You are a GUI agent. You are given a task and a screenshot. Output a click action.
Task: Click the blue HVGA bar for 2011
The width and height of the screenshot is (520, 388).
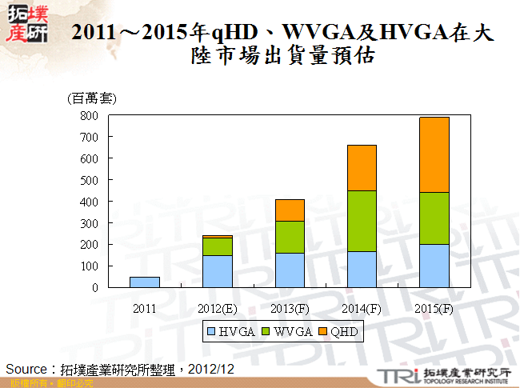pyautogui.click(x=144, y=282)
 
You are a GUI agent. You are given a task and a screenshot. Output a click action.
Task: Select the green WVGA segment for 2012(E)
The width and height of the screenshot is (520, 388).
pyautogui.click(x=217, y=246)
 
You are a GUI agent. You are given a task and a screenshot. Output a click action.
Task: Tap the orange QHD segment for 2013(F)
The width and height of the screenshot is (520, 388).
pyautogui.click(x=290, y=210)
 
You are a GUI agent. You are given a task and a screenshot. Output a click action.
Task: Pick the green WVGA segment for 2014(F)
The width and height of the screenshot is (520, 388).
pyautogui.click(x=362, y=221)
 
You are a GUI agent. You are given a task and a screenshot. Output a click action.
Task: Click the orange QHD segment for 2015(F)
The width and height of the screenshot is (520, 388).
pyautogui.click(x=434, y=155)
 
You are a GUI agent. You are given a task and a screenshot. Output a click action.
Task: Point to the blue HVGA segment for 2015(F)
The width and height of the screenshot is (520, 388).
pyautogui.click(x=434, y=266)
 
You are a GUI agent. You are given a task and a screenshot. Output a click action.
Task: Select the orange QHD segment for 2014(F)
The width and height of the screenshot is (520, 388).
pyautogui.click(x=362, y=168)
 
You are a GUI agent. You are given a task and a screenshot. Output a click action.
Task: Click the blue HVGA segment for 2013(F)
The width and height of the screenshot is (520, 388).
pyautogui.click(x=290, y=270)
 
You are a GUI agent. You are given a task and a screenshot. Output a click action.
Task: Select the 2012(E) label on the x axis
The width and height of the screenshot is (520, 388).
pyautogui.click(x=217, y=309)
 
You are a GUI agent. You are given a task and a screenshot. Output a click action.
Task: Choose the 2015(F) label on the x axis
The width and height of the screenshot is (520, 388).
pyautogui.click(x=434, y=309)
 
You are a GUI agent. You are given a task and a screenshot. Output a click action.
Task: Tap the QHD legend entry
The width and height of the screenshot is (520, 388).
pyautogui.click(x=337, y=330)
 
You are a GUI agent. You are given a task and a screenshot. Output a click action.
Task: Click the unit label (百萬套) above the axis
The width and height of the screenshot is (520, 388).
pyautogui.click(x=91, y=98)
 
